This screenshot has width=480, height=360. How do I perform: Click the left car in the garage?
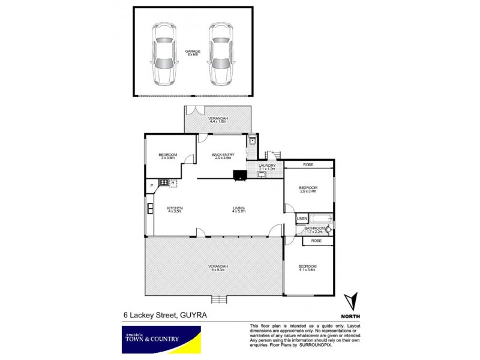(163, 53)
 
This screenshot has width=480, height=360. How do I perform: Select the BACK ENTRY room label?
(223, 157)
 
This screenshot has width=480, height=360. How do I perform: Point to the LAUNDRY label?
(267, 167)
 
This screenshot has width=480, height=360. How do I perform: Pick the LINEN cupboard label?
(302, 218)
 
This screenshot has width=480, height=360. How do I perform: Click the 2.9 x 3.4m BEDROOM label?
(308, 190)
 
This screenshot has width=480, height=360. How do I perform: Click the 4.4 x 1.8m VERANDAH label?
(218, 119)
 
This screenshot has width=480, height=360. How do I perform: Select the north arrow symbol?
(352, 299)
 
